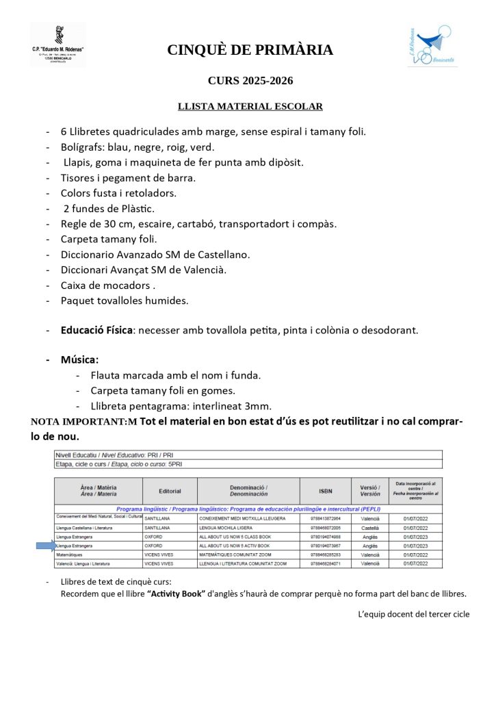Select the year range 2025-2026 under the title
267,81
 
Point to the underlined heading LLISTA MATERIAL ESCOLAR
250,106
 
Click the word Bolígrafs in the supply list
84,146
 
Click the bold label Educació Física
96,330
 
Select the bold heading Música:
79,359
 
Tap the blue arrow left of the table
46,546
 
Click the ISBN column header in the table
325,491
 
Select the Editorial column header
169,491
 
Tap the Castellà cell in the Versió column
369,528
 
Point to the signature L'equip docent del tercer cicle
413,614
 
